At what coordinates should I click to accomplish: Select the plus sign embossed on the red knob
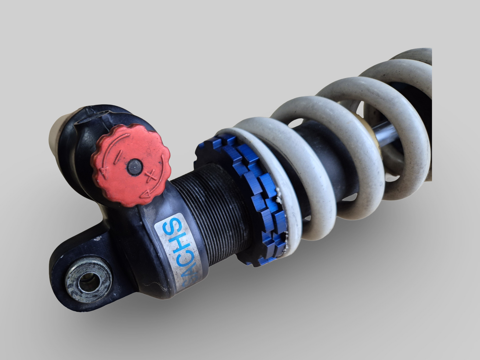tap(151, 175)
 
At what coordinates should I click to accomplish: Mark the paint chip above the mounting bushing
tap(97, 238)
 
